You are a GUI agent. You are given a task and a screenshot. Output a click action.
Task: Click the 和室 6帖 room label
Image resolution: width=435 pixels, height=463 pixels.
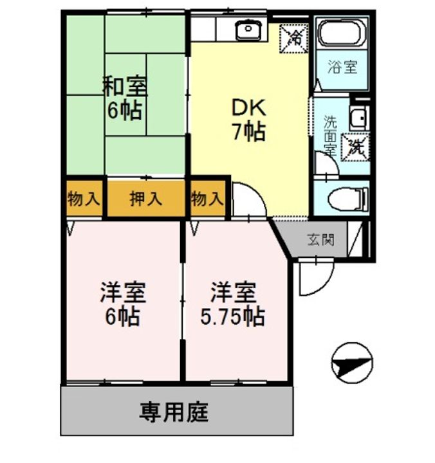point(124,98)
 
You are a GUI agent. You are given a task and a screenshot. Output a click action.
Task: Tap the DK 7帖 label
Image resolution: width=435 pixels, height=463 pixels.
point(249,120)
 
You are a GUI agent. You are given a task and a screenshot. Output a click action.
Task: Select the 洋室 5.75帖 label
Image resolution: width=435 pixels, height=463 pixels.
point(233,304)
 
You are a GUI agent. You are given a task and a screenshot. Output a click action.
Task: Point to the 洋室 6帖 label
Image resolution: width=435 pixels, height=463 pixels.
point(123,304)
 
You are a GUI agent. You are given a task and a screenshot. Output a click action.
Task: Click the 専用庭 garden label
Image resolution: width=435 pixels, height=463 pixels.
point(174,412)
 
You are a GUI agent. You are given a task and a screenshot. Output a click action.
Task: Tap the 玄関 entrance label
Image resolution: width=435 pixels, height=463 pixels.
point(321,240)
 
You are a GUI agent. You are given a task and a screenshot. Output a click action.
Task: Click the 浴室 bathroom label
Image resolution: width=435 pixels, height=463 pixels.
point(342,67)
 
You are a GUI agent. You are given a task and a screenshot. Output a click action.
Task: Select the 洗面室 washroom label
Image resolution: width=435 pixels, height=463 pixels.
point(330,136)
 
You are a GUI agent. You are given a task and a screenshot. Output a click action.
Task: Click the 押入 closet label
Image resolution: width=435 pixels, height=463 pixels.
point(145,199)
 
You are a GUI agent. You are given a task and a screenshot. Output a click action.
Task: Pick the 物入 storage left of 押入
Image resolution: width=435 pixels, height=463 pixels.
point(84,199)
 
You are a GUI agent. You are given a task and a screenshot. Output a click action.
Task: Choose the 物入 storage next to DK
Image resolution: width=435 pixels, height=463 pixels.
point(207,199)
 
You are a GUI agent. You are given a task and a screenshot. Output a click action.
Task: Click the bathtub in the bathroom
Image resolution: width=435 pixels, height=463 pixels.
point(342,33)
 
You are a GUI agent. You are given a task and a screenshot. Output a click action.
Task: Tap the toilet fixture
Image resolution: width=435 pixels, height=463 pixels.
point(348,199)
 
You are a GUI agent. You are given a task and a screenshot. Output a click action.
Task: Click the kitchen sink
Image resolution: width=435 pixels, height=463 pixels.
point(248,29)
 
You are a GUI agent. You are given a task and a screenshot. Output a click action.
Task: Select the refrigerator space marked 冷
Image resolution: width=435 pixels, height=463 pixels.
point(294,39)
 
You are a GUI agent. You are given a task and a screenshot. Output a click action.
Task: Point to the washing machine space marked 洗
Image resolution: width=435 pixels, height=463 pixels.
point(355,148)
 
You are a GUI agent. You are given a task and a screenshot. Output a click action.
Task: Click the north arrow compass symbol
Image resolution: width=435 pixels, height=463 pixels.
point(352,363)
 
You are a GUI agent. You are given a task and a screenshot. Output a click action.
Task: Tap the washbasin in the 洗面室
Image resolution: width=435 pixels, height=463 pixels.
point(359,118)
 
